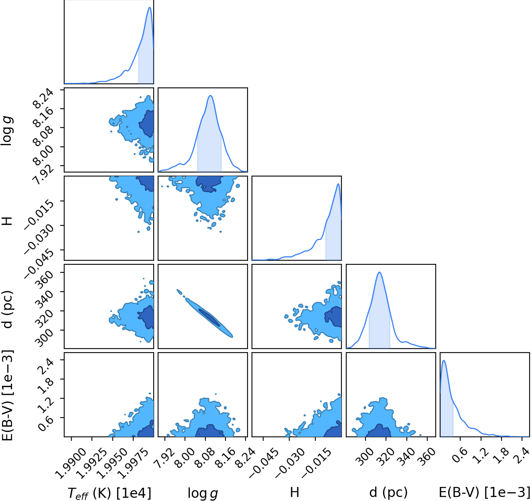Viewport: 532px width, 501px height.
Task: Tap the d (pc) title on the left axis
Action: point(8,306)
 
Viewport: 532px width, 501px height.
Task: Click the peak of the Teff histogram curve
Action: point(150,7)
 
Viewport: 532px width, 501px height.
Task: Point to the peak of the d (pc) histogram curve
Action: point(380,272)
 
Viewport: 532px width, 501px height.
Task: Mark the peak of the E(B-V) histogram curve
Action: point(444,360)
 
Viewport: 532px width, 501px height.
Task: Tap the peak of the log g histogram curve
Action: point(211,95)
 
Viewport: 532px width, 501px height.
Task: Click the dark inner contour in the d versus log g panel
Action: point(209,317)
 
